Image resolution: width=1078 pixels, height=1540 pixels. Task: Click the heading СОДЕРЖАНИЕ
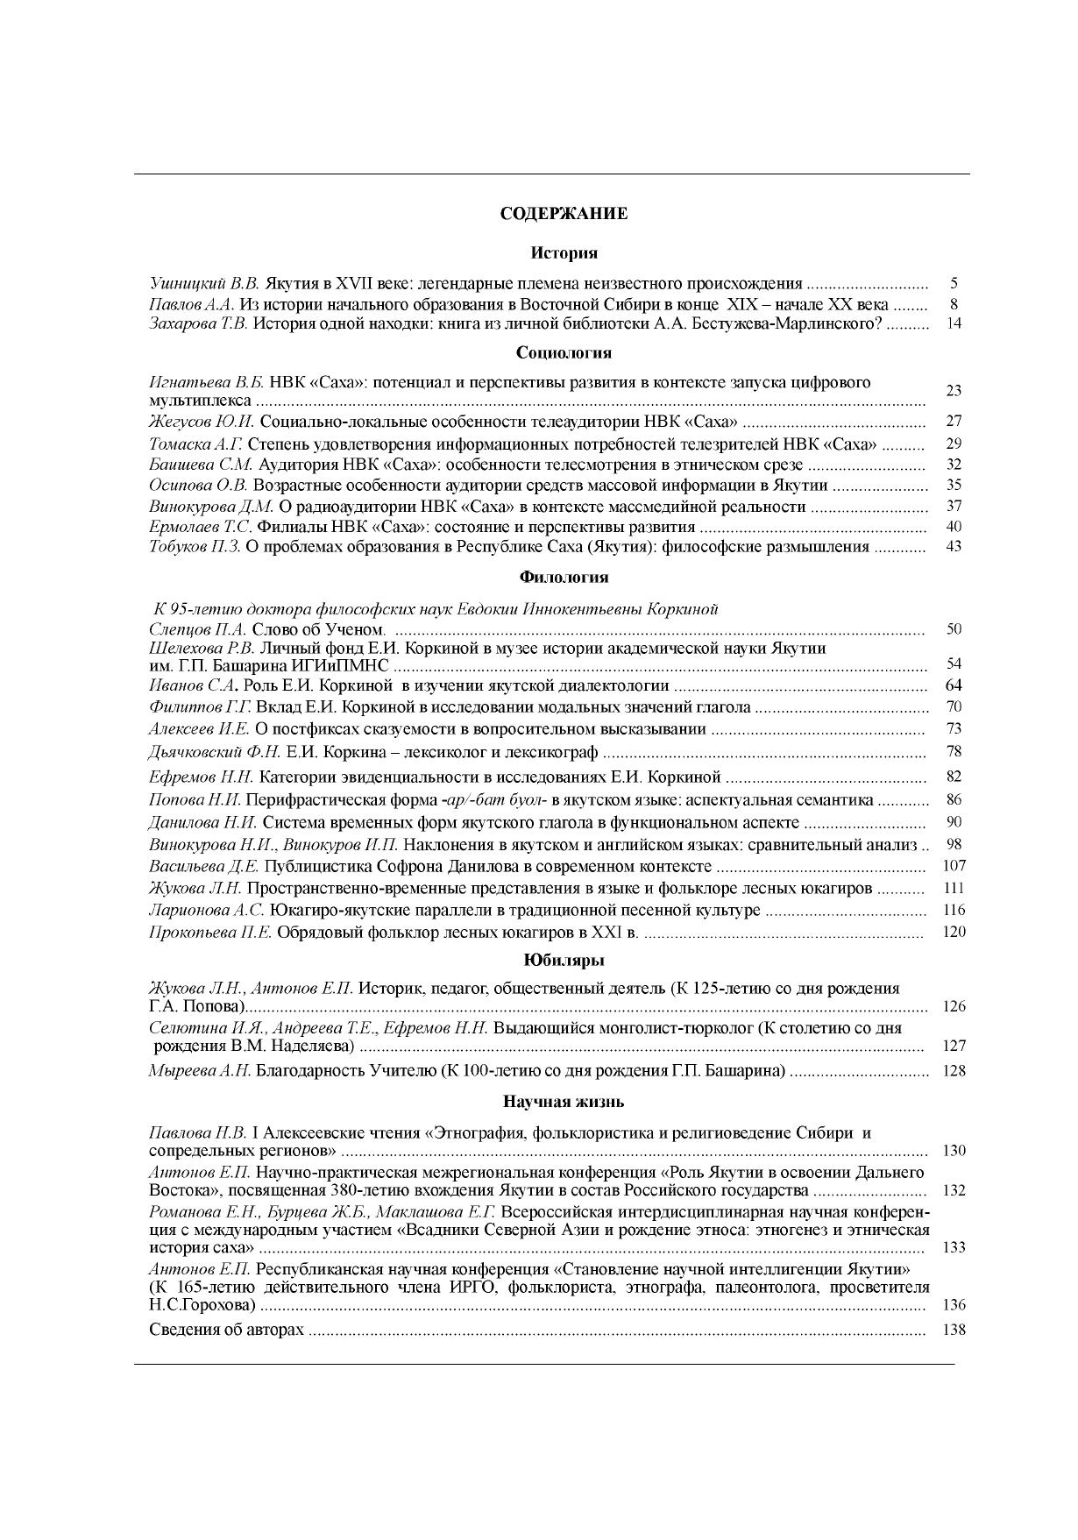point(564,214)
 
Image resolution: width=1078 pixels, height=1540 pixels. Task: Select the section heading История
point(564,253)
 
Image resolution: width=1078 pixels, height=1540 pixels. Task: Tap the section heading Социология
point(564,353)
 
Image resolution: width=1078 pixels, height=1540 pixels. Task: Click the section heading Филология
point(564,578)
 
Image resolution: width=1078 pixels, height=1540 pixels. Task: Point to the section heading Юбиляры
point(564,960)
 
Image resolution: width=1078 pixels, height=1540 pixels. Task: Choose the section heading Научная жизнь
point(564,1102)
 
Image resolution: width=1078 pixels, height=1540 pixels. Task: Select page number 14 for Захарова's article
point(954,323)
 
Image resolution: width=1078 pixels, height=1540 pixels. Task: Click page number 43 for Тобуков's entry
point(954,547)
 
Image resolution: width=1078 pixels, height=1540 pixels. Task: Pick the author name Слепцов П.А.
point(199,629)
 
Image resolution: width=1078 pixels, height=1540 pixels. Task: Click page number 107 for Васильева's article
point(954,866)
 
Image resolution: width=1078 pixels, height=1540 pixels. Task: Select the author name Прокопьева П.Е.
point(211,932)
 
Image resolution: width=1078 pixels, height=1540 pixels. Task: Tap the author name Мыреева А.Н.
point(200,1071)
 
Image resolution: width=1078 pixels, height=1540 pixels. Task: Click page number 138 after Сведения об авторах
point(954,1331)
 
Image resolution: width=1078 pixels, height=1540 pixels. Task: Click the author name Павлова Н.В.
point(198,1133)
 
